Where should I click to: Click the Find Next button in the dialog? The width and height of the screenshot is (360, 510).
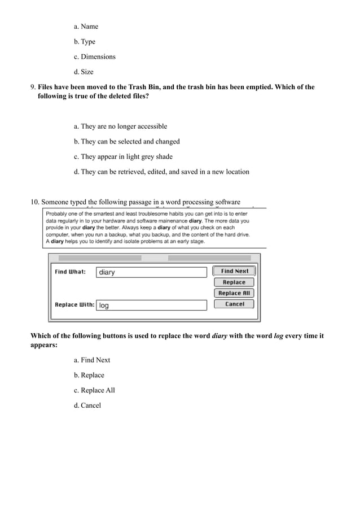pos(234,271)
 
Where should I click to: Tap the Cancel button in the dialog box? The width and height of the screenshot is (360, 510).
pos(234,304)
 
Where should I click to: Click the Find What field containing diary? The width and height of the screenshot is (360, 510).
pos(151,272)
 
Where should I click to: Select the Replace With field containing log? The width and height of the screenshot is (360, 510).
pos(151,305)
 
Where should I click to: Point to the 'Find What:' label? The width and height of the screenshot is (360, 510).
pos(70,272)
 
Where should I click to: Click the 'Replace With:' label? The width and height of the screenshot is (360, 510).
pos(74,304)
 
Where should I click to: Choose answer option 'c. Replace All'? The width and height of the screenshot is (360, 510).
pos(94,390)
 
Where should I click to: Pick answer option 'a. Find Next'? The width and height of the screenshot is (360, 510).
pos(92,360)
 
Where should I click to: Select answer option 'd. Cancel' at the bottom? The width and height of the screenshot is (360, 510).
pos(87,406)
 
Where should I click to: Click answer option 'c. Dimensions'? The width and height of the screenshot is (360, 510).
pos(94,56)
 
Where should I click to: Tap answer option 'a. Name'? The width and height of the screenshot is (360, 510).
pos(86,26)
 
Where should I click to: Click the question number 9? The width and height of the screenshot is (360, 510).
pos(32,87)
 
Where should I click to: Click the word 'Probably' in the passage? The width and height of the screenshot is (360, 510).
pos(58,213)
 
